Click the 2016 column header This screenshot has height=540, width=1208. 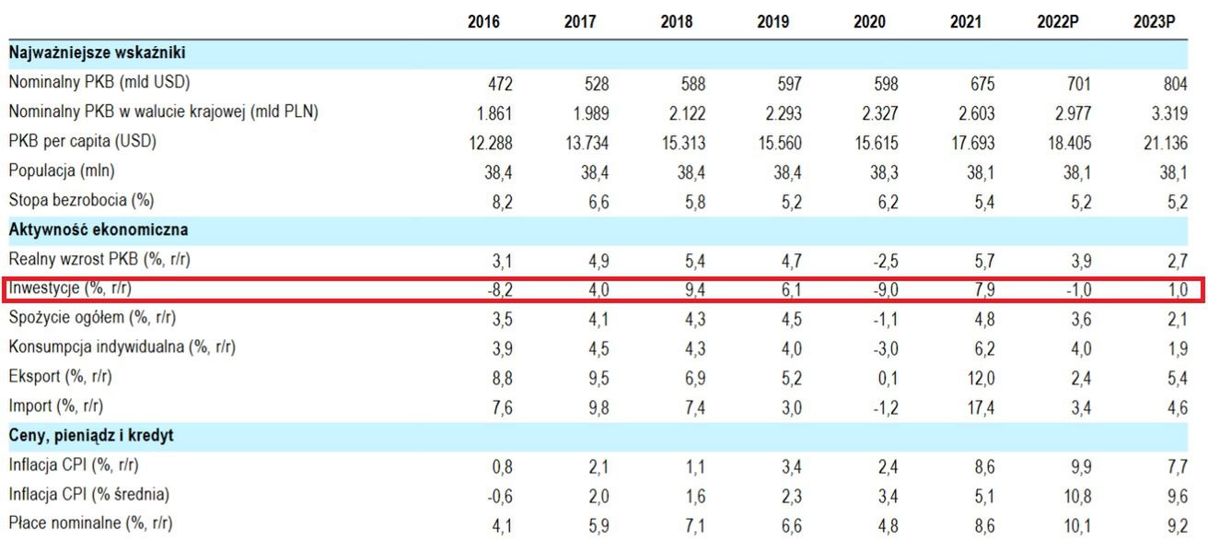[x=483, y=22]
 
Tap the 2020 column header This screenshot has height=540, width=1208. [x=869, y=22]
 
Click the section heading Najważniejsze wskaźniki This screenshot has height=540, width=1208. [x=98, y=53]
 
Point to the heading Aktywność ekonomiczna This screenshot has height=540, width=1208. [x=99, y=229]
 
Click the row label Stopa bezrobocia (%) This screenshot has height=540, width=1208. [x=80, y=200]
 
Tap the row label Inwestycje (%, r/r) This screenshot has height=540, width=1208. [x=76, y=288]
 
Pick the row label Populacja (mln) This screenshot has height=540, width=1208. [x=62, y=170]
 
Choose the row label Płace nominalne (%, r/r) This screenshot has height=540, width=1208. [x=90, y=523]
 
